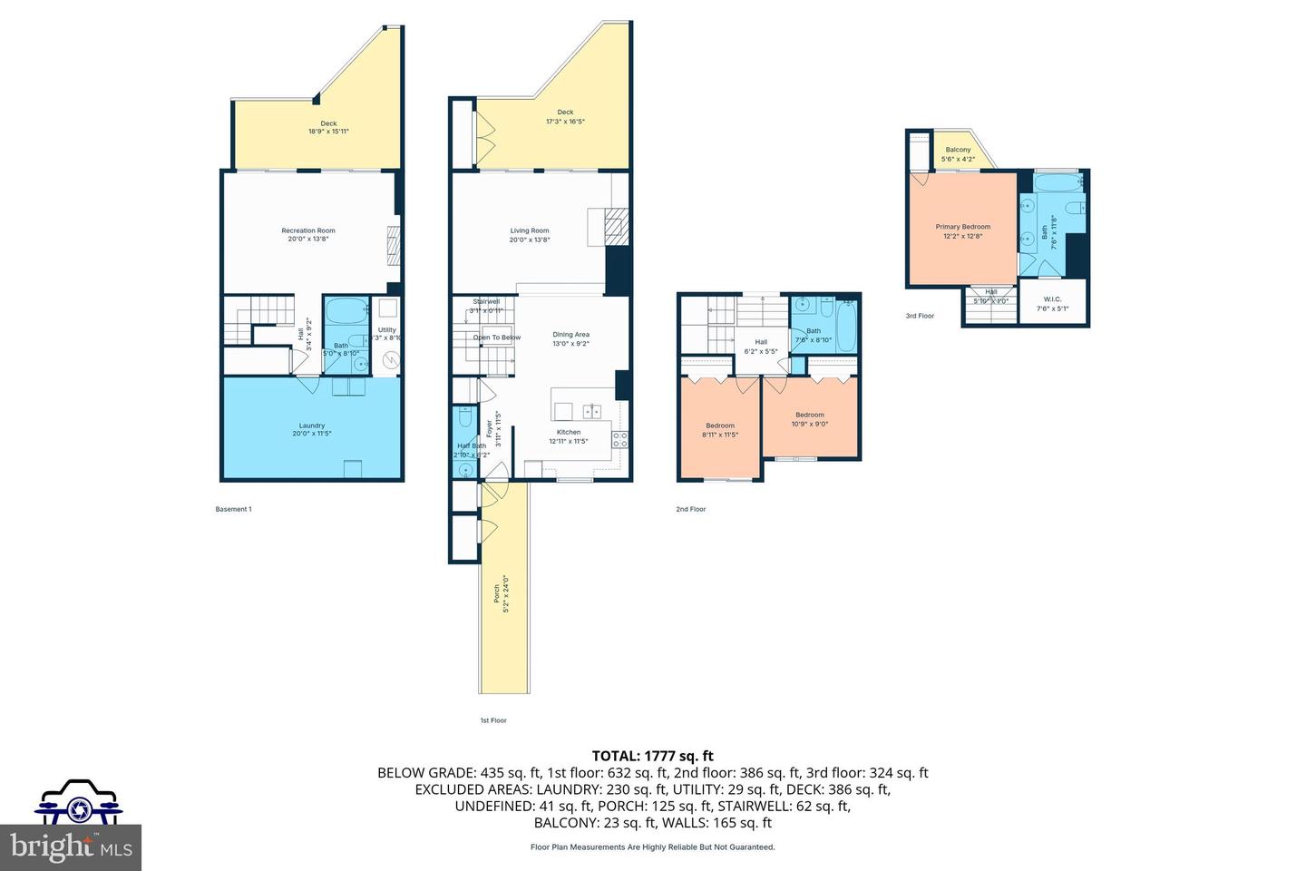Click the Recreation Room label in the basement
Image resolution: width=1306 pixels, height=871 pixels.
click(x=307, y=231)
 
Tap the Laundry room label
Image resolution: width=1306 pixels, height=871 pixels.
click(x=312, y=426)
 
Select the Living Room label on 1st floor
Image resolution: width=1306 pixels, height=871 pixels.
click(x=530, y=231)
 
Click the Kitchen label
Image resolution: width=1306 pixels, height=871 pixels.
click(x=569, y=432)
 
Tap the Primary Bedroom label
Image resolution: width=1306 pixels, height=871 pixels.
click(x=963, y=227)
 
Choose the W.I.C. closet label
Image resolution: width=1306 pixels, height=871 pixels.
click(x=1052, y=298)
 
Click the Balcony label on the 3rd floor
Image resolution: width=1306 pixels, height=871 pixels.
click(x=958, y=150)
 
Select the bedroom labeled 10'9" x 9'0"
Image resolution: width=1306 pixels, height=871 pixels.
click(x=810, y=415)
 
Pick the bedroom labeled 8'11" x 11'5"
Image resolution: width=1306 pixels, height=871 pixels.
click(x=720, y=426)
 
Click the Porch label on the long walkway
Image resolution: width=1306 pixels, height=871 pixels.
click(x=496, y=593)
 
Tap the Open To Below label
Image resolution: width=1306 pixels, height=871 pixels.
click(x=497, y=338)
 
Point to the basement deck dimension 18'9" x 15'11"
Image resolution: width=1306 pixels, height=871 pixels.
click(x=328, y=132)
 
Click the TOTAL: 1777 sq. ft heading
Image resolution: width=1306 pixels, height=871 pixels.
click(x=652, y=756)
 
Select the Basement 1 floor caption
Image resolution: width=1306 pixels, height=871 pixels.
click(x=233, y=509)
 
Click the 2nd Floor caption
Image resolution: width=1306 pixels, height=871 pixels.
click(x=690, y=509)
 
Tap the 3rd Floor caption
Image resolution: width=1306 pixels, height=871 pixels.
click(x=919, y=316)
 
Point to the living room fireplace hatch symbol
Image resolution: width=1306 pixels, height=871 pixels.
click(x=616, y=223)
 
